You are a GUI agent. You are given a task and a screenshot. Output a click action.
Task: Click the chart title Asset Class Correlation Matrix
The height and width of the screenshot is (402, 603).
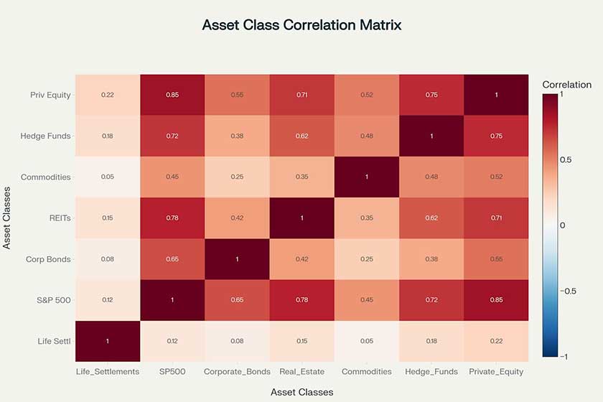point(301,25)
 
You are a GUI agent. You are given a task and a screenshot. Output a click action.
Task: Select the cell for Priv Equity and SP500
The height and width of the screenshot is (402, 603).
point(172,95)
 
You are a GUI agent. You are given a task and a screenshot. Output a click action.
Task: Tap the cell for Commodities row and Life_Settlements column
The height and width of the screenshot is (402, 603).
point(107,177)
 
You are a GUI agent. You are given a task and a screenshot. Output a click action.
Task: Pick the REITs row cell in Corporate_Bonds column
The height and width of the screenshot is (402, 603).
point(237,218)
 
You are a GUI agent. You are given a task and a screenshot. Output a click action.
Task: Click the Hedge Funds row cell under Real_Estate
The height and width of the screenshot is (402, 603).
point(301,136)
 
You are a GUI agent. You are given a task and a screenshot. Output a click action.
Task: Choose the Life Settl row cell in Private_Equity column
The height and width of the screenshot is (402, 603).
point(496,340)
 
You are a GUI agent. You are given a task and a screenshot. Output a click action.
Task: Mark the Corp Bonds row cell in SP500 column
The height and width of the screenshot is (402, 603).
point(172,258)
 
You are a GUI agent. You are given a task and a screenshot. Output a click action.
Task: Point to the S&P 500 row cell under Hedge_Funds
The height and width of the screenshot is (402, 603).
point(431,299)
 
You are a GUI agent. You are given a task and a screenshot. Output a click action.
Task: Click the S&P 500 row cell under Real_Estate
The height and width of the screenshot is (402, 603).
point(301,299)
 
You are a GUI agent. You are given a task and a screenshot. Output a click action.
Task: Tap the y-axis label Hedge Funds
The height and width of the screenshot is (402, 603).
point(46,136)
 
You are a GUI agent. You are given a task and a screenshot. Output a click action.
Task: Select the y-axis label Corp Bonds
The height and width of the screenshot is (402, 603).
point(46,258)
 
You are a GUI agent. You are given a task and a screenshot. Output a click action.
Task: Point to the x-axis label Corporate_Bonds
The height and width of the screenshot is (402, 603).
point(237,372)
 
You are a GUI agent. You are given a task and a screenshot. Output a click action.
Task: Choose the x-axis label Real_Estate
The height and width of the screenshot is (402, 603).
point(301,372)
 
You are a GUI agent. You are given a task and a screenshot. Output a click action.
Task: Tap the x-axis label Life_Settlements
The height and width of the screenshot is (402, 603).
point(107,372)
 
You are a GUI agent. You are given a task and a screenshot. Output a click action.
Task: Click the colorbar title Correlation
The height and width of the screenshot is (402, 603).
point(567,85)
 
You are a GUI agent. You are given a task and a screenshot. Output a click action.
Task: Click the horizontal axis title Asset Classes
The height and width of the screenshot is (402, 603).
point(301,392)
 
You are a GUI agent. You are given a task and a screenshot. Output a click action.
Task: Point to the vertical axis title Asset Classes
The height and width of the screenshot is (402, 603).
point(8,218)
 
